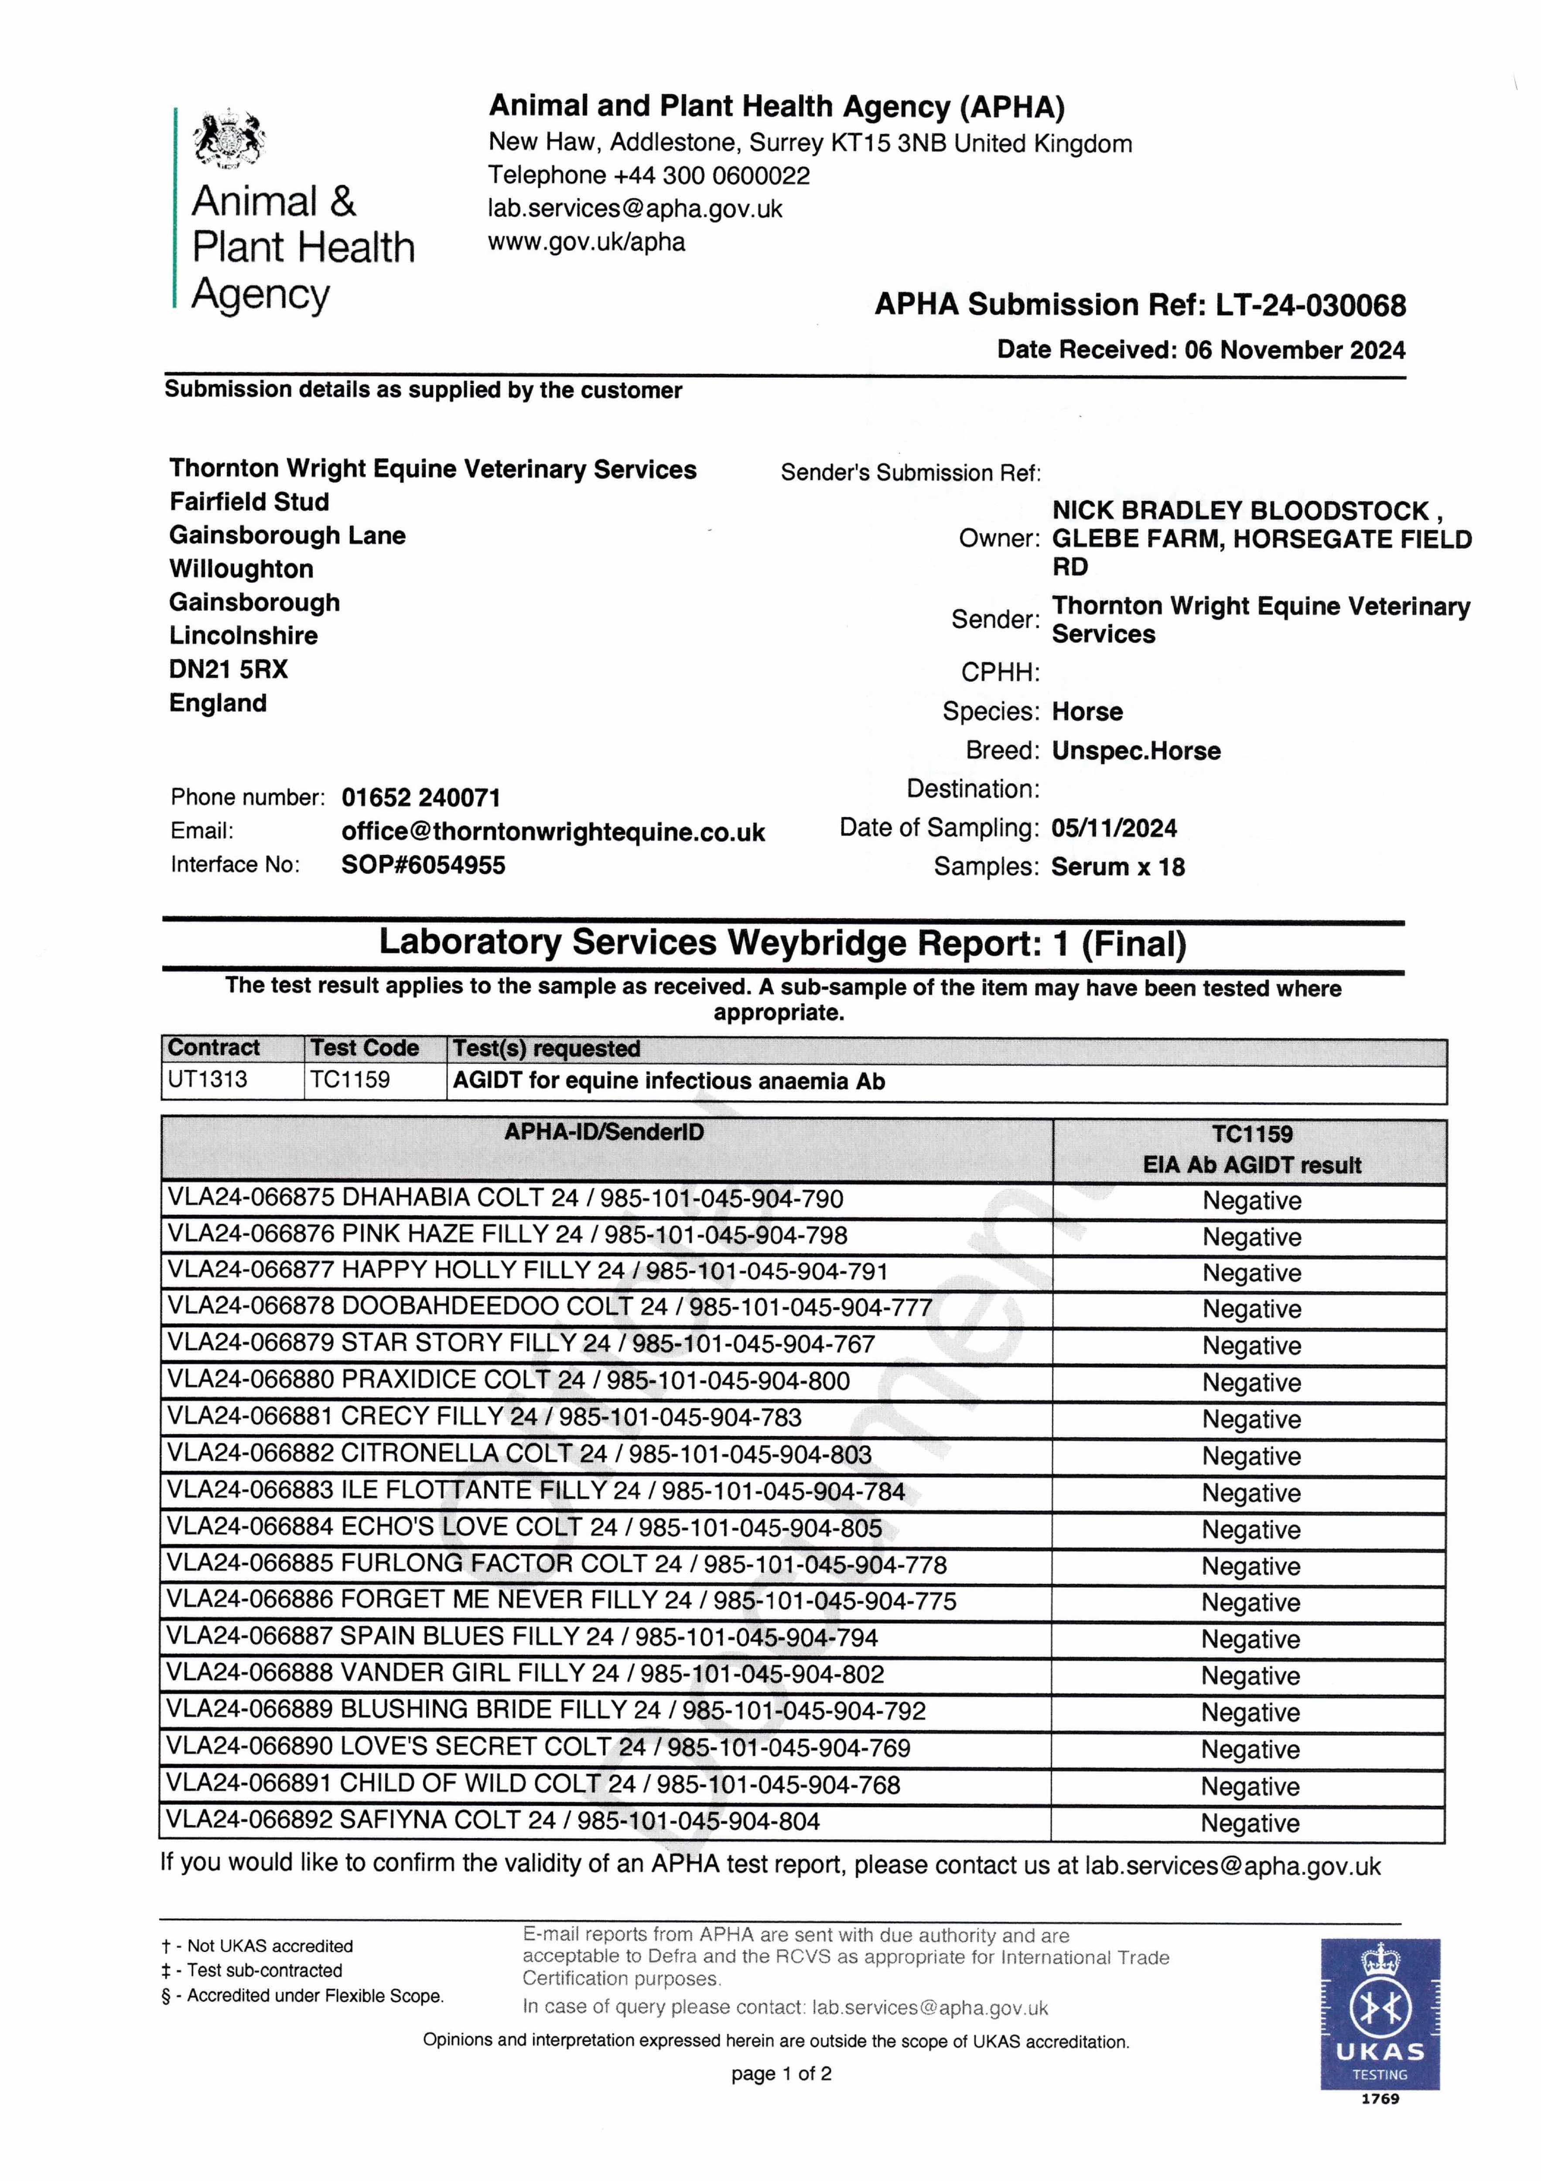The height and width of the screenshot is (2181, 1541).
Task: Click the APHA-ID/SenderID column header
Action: pyautogui.click(x=604, y=1132)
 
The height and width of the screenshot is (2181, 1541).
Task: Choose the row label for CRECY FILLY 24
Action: pyautogui.click(x=485, y=1417)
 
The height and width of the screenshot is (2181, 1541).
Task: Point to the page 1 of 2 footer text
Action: pyautogui.click(x=781, y=2074)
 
